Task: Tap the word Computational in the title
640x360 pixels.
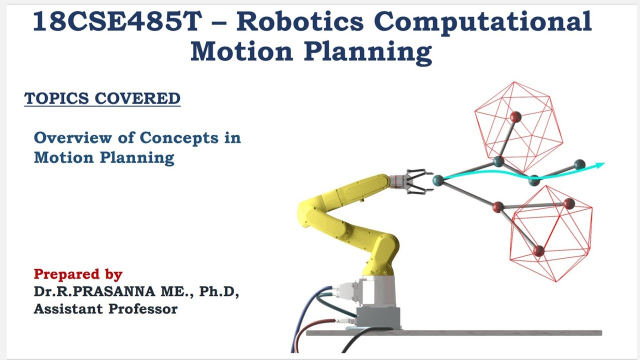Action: pos(482,22)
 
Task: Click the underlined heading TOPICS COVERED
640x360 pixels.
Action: pos(102,98)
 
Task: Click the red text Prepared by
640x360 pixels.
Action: pos(78,274)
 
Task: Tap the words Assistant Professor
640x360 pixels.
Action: pos(105,309)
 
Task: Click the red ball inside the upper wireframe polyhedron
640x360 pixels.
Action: pos(515,117)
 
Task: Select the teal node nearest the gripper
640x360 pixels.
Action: pos(438,179)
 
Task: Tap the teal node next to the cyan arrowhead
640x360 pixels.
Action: pos(579,164)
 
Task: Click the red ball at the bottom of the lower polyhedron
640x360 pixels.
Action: pos(538,251)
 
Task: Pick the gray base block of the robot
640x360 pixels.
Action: pos(378,316)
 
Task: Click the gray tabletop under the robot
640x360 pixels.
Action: pos(475,333)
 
